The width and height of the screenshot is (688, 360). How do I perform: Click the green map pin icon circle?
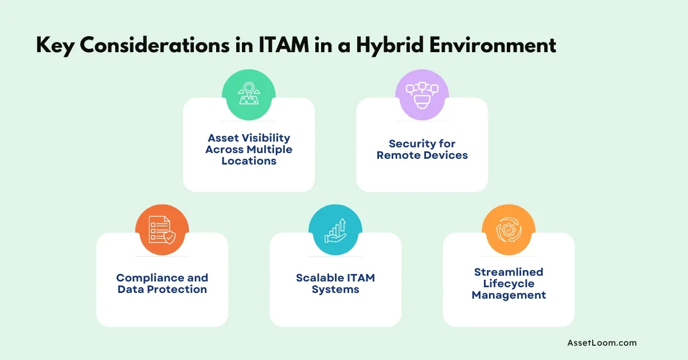[249, 95]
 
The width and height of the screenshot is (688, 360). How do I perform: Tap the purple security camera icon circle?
[422, 95]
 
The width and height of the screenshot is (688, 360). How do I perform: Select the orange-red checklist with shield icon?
[162, 230]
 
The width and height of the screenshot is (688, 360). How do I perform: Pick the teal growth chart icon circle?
[335, 230]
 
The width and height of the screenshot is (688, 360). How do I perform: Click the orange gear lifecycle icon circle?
[509, 230]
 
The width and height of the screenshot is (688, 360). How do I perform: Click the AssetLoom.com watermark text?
[602, 343]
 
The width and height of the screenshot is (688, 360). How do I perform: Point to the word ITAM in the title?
[284, 45]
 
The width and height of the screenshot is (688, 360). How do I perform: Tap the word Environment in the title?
[493, 45]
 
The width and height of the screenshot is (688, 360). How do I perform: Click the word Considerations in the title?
[155, 45]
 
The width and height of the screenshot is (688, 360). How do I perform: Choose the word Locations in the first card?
[249, 161]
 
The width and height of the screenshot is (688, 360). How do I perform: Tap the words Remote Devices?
[422, 155]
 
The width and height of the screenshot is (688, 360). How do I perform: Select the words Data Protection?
[162, 289]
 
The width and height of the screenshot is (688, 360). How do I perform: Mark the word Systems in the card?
[335, 289]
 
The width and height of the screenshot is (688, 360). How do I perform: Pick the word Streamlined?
[509, 272]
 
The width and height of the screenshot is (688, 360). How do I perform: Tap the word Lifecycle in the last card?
[509, 284]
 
